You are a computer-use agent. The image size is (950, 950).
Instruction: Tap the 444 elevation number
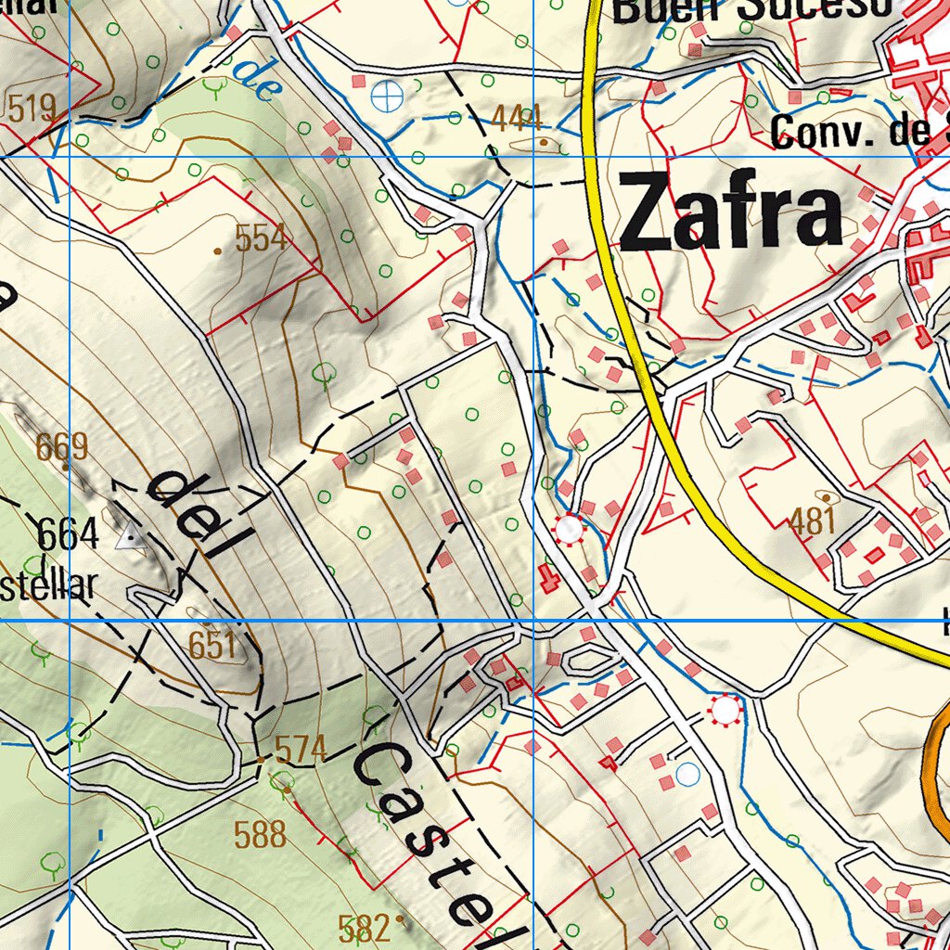tap(517, 118)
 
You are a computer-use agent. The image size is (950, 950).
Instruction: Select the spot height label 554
tap(261, 239)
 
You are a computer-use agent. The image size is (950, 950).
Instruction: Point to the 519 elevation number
tap(32, 108)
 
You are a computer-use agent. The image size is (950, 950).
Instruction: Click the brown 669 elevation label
tap(62, 447)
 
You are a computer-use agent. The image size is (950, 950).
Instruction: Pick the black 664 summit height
tap(68, 534)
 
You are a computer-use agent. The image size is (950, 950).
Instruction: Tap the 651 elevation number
tap(212, 645)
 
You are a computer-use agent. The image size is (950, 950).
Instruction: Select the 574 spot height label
tap(302, 749)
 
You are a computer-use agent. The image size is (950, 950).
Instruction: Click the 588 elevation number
tap(260, 834)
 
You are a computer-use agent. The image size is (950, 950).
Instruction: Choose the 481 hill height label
tap(813, 521)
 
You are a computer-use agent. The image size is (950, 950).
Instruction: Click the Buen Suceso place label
tap(751, 11)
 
